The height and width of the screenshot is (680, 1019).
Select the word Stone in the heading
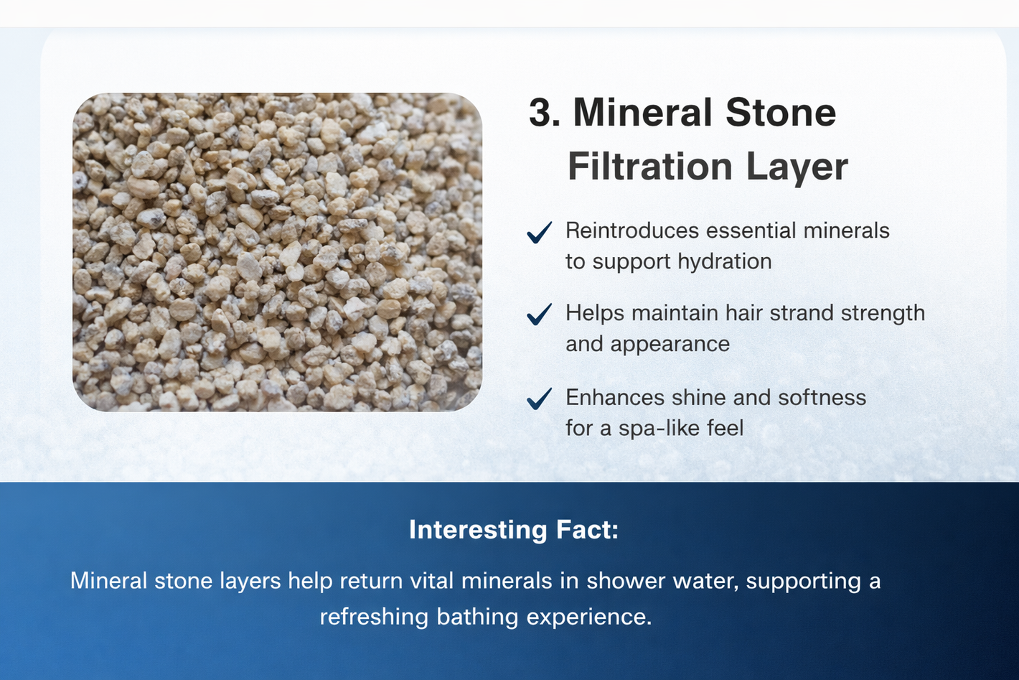(781, 113)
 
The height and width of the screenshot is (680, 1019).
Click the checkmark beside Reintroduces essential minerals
(540, 233)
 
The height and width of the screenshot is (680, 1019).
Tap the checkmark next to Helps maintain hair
(540, 315)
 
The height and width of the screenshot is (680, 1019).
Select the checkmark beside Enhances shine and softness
(540, 399)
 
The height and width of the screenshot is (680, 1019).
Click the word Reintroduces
(632, 230)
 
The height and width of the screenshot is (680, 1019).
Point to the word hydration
(725, 261)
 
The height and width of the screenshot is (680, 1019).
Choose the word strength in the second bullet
(883, 313)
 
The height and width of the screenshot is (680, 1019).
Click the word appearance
(670, 345)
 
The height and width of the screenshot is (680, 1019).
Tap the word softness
(822, 397)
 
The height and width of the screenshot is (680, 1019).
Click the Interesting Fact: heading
(514, 530)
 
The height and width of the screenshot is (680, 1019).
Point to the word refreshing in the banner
(374, 618)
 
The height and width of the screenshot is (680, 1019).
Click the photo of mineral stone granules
(278, 252)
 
